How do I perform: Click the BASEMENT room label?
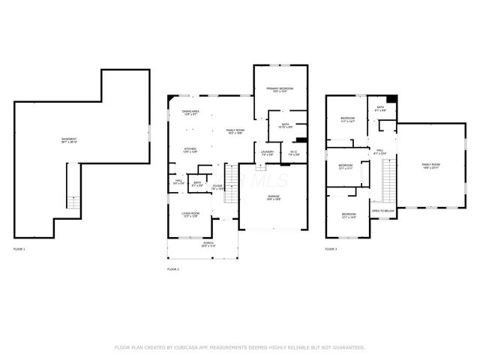69,140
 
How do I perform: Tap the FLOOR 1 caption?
19,248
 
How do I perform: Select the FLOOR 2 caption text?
173,268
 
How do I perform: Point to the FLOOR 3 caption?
331,248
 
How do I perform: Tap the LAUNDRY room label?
268,152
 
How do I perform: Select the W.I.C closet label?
295,152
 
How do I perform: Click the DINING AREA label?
190,113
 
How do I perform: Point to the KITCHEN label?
190,149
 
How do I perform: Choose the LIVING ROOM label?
190,214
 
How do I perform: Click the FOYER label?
217,187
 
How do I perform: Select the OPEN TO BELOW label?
382,211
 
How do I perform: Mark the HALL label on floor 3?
379,151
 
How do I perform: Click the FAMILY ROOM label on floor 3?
430,165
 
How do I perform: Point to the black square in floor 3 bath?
391,100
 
